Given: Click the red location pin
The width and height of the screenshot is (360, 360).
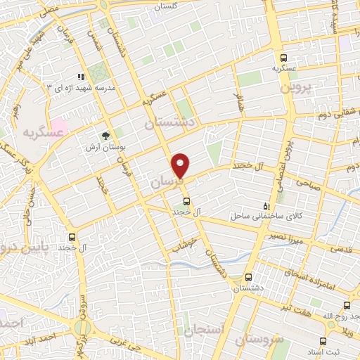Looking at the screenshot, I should [181, 165].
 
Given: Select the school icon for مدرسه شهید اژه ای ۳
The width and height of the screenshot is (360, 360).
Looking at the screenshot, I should [82, 76].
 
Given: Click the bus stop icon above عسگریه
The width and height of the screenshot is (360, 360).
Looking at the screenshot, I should [283, 58].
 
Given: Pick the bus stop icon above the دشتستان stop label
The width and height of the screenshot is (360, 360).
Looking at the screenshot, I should [247, 277].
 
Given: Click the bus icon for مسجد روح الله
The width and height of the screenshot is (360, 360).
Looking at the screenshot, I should [346, 305].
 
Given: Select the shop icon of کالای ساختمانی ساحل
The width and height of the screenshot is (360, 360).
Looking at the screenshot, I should [265, 205].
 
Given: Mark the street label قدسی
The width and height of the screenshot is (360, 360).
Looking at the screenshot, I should [340, 248].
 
